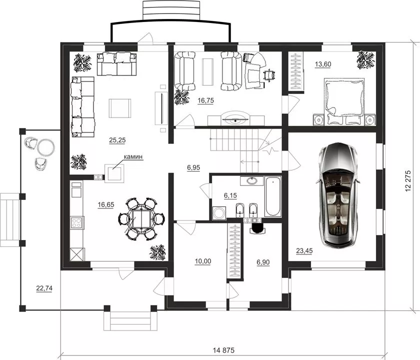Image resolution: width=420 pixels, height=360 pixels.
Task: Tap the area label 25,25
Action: [x=117, y=140]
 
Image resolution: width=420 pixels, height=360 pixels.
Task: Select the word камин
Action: [x=133, y=157]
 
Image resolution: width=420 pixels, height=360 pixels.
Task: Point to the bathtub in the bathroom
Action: [x=272, y=196]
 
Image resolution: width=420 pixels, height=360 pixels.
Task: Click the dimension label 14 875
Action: [x=223, y=350]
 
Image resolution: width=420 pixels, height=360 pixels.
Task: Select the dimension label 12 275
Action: [x=408, y=181]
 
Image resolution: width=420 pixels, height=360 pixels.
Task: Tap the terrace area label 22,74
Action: [x=44, y=288]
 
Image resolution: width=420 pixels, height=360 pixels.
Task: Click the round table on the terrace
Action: [x=46, y=147]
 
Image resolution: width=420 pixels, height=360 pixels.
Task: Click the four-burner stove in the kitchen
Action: [x=77, y=222]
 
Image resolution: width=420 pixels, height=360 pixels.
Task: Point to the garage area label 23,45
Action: [x=304, y=251]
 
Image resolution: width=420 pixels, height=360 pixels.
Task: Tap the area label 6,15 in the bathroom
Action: [x=230, y=195]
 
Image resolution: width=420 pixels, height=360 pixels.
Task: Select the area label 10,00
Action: [x=203, y=261]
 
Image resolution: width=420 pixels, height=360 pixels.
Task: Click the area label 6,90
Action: [x=263, y=262]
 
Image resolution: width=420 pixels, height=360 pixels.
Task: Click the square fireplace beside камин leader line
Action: [x=114, y=173]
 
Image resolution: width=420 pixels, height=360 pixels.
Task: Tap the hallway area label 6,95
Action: [x=193, y=167]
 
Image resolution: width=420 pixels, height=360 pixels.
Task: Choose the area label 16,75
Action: [x=205, y=100]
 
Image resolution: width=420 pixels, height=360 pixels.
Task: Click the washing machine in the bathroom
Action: [x=219, y=213]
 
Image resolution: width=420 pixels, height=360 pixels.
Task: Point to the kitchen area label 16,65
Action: [x=106, y=205]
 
